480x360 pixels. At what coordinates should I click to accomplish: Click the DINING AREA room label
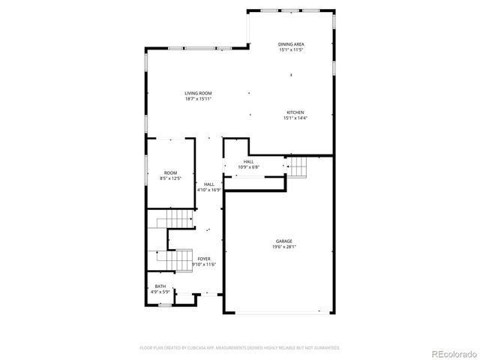point(291,44)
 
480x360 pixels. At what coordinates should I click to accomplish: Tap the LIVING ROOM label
point(198,93)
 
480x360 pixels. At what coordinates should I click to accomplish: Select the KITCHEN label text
point(295,112)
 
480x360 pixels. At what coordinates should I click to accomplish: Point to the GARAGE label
point(283,241)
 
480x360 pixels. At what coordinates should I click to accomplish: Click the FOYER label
point(204,259)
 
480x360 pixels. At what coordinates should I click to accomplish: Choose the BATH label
point(160,286)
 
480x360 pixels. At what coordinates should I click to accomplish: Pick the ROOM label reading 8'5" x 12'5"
point(171,173)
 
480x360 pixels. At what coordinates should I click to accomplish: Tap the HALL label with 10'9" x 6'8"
point(248,161)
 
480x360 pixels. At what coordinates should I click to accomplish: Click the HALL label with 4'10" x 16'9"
point(208,184)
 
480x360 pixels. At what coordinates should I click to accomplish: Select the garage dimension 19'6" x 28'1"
point(283,247)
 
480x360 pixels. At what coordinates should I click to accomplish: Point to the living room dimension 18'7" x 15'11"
point(198,99)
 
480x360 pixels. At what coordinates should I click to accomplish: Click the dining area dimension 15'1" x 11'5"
point(291,50)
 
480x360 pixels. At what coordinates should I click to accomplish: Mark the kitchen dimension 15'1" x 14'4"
point(295,118)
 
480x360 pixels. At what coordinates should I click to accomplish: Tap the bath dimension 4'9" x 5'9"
point(160,292)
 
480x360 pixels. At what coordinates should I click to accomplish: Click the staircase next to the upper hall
point(298,166)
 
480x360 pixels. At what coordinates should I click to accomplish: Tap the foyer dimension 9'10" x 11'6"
point(204,265)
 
